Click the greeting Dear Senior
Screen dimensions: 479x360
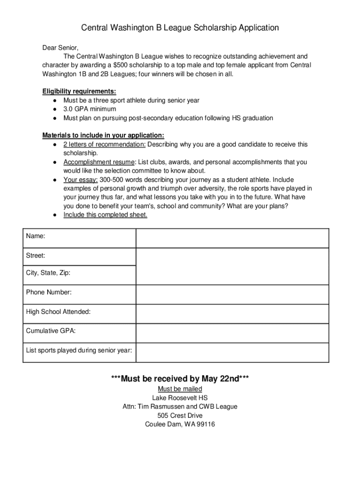pos(60,48)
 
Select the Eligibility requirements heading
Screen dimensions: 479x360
pos(79,91)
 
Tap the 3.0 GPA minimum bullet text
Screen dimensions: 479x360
pos(90,109)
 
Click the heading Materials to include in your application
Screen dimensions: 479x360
pos(103,136)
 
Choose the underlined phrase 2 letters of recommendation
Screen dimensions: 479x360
pos(104,145)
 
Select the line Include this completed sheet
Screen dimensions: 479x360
pos(105,215)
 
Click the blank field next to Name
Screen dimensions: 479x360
pos(232,238)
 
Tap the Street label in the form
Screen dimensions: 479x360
pos(36,255)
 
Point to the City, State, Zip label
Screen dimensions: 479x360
pos(48,273)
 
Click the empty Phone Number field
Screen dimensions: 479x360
pos(232,293)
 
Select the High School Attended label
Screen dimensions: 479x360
pos(58,312)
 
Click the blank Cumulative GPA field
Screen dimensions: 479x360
pos(232,332)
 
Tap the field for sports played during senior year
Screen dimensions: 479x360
pos(232,351)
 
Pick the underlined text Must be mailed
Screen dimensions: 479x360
pos(180,389)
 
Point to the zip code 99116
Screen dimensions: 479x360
pos(205,424)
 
